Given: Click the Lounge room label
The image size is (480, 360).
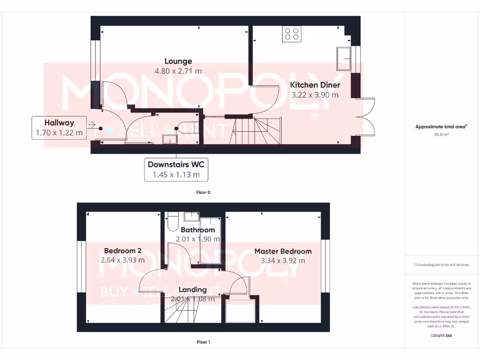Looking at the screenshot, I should coord(178,61).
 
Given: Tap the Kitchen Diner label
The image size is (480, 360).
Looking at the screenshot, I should coord(315,85).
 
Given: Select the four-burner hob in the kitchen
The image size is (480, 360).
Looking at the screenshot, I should coord(292,34).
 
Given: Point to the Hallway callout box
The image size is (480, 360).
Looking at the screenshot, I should coord(59,127).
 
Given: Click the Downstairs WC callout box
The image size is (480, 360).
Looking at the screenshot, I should coord(176,169).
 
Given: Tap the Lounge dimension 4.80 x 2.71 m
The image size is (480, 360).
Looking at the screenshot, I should coord(178,71).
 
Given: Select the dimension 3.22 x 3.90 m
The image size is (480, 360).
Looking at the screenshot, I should coord(315,95).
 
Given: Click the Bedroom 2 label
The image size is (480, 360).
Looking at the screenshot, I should coord(123,250).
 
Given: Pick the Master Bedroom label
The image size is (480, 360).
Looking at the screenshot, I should coord(283,251).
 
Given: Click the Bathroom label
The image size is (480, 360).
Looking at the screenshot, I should coord(198,230).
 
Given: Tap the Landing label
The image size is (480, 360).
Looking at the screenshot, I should coord(193,289).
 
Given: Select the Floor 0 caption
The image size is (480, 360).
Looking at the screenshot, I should coord(203,192).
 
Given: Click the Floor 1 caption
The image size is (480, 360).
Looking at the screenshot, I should coord(203,342).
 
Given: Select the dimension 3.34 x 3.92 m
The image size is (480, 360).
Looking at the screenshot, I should coord(283,261).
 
